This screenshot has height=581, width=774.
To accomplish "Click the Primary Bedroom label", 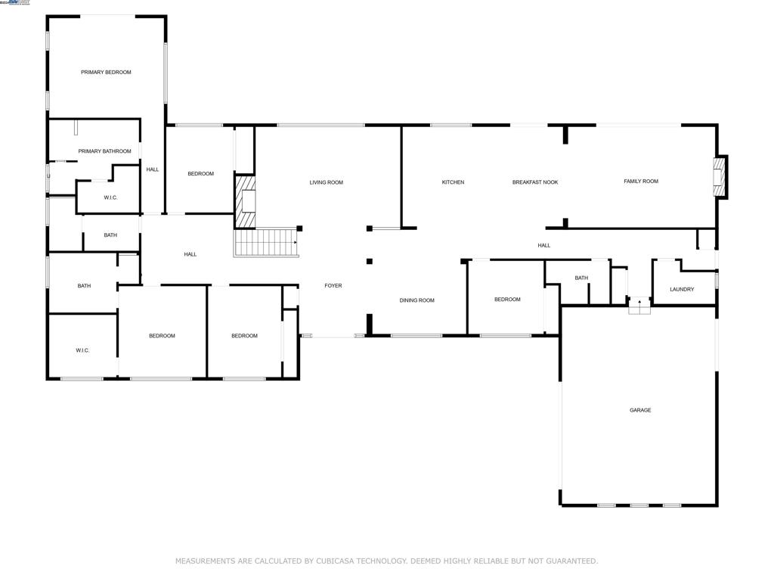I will click(x=106, y=73).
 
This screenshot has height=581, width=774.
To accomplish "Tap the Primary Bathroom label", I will click(x=104, y=151).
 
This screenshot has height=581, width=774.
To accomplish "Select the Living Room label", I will click(x=327, y=182).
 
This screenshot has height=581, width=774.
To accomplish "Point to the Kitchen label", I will click(x=453, y=182).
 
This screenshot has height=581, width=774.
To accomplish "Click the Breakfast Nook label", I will click(x=535, y=182).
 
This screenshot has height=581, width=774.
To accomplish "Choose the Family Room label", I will click(x=641, y=182).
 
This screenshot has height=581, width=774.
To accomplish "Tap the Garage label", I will click(x=640, y=410).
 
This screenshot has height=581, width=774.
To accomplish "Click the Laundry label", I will click(x=682, y=289).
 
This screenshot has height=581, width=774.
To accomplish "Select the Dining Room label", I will click(x=417, y=300).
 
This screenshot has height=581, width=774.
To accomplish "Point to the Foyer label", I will click(x=333, y=286).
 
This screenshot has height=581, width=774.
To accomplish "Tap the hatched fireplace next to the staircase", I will click(x=246, y=201).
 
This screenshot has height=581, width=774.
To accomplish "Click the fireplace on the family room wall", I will click(x=721, y=177).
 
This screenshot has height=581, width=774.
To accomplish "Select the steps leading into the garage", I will click(x=639, y=306).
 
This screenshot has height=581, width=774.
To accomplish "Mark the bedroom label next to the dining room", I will click(x=507, y=300).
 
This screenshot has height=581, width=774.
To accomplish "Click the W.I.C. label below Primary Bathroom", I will click(x=110, y=197).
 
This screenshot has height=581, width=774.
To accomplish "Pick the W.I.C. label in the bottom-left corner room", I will click(x=82, y=350).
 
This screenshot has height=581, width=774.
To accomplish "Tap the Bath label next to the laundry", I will click(x=581, y=278).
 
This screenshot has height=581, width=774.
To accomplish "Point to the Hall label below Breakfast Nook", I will click(x=544, y=245).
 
